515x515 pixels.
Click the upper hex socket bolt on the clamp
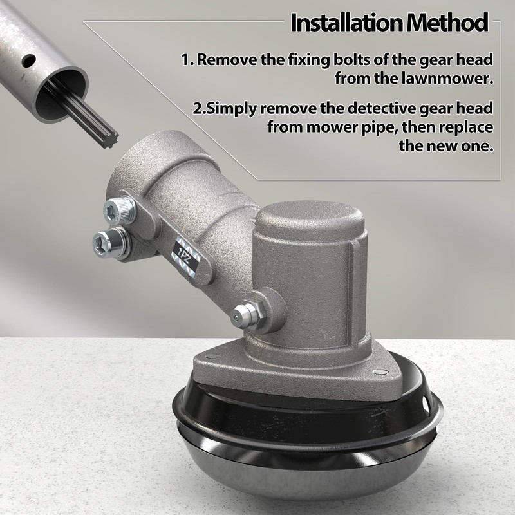119,211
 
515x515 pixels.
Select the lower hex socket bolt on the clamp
109,241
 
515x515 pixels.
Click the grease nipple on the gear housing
247,315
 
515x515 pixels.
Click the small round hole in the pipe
29,61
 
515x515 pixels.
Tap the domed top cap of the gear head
310,216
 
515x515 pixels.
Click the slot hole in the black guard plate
427,402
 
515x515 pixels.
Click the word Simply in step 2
229,109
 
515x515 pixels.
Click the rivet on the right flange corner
382,372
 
